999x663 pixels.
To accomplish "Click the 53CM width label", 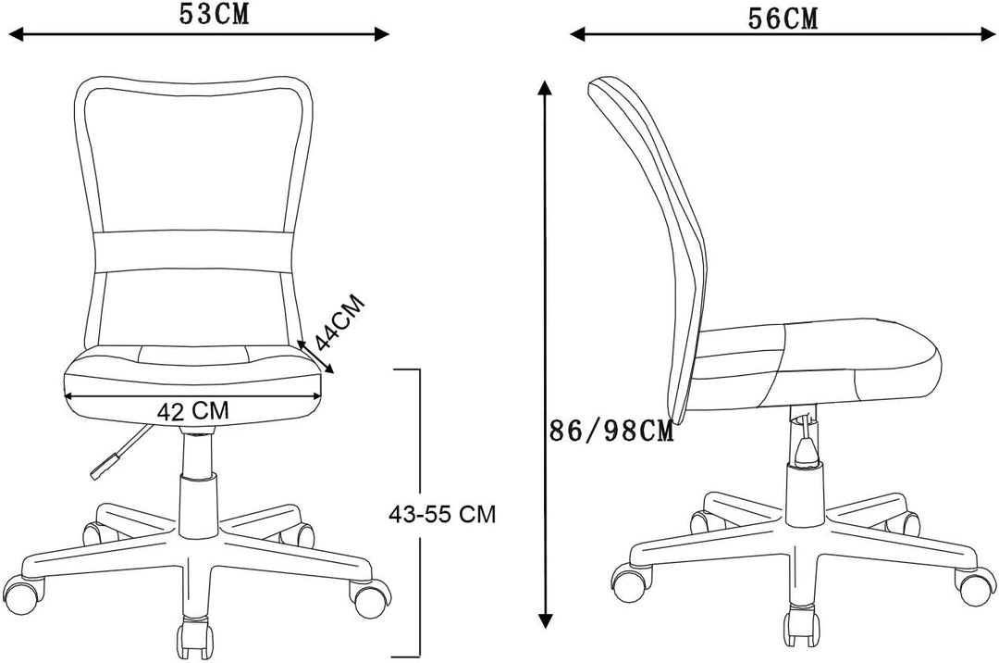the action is click(x=214, y=14).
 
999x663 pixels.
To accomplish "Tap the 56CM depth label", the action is click(x=783, y=19).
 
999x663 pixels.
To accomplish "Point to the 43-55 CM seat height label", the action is click(x=442, y=514).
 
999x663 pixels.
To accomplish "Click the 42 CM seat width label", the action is click(x=192, y=411).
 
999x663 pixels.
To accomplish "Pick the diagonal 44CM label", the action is click(x=340, y=322).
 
